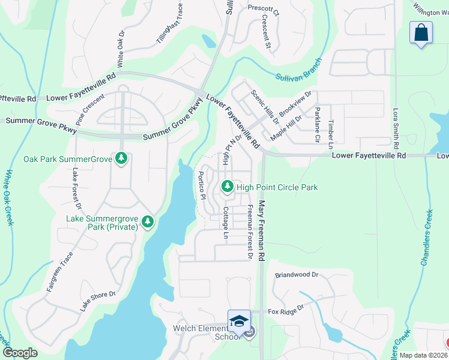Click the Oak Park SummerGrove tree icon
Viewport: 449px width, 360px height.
point(122,159)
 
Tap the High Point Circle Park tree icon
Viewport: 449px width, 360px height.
point(228,187)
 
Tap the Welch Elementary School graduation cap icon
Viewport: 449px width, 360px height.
point(239,320)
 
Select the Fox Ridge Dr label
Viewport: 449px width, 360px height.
point(286,311)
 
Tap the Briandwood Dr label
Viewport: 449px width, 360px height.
point(296,275)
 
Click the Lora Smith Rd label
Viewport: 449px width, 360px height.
point(396,128)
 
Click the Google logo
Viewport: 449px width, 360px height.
point(20,353)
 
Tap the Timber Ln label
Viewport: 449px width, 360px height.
point(331,134)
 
